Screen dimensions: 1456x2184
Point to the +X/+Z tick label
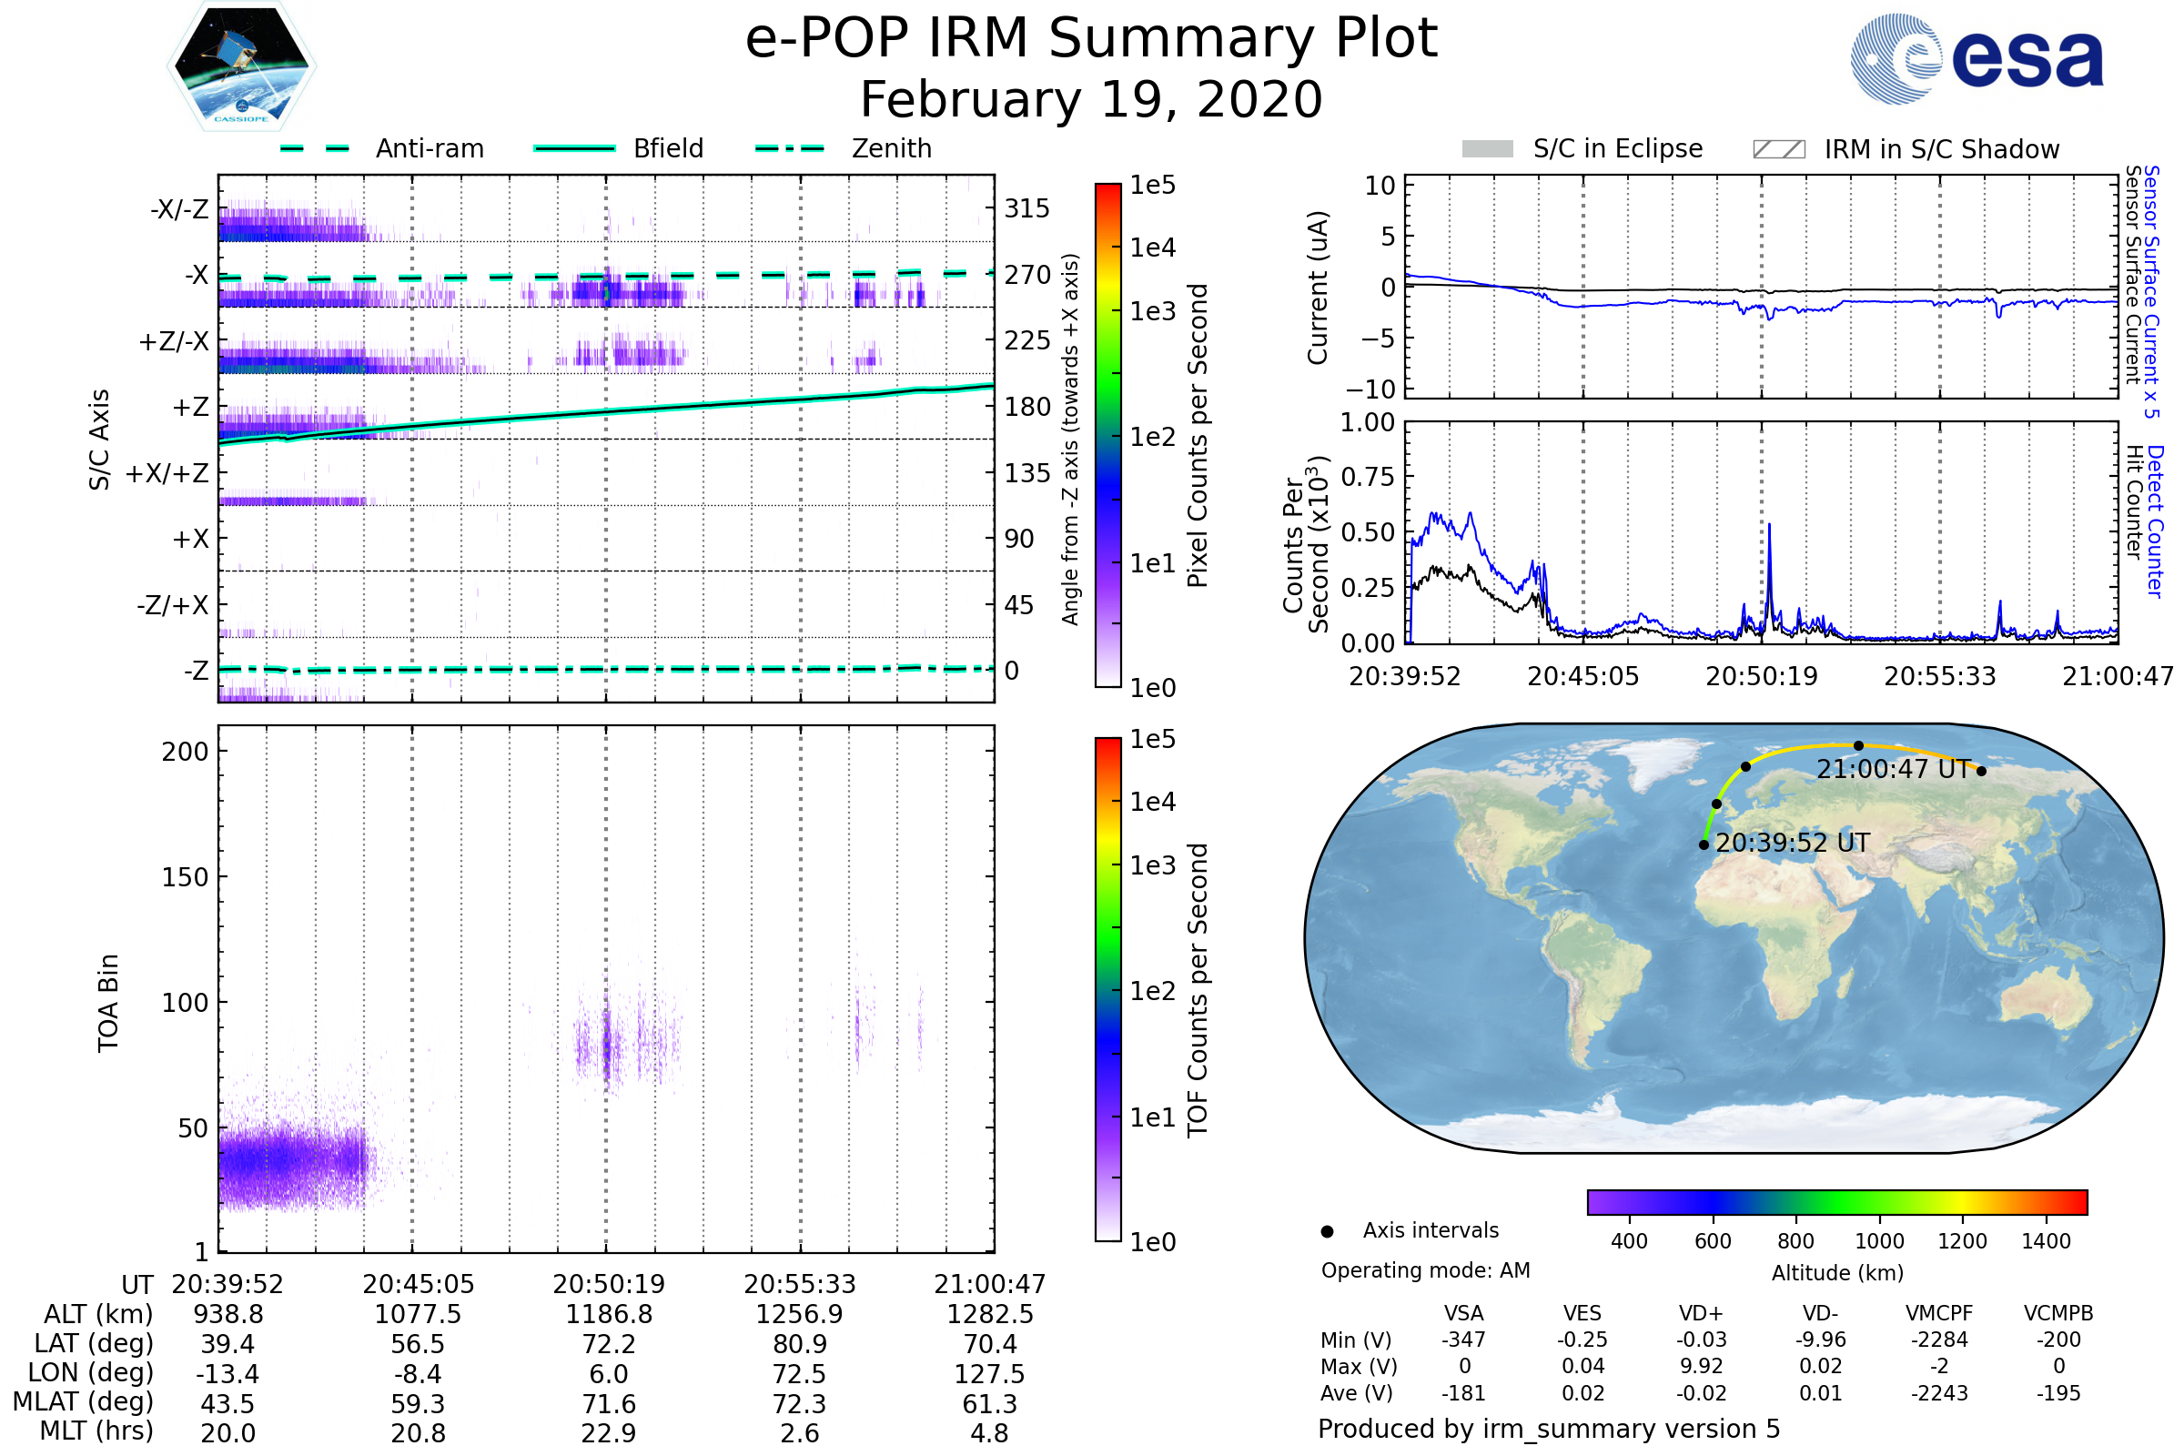pos(167,473)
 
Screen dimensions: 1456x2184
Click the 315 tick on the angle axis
pos(1026,208)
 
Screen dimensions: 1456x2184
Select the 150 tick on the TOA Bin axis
pos(185,877)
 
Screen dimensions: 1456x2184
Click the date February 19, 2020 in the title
pos(1091,100)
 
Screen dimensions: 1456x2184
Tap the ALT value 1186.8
pos(609,1315)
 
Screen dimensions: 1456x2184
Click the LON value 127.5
pos(990,1374)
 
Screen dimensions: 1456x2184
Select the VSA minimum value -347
pos(1463,1340)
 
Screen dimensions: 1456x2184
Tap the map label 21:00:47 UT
pos(1894,769)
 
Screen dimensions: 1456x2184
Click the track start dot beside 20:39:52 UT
pos(1704,845)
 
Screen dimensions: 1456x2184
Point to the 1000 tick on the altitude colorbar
pos(1879,1241)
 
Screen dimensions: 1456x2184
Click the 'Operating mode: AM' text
pos(1425,1270)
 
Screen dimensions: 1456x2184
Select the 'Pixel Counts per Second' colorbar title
pos(1198,436)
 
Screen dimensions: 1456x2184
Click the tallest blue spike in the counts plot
pos(1769,526)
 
